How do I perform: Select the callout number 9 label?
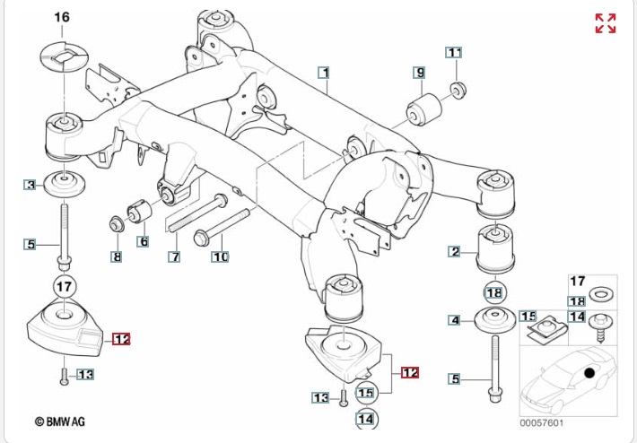419,72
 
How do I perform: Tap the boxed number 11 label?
454,52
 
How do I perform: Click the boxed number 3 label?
31,186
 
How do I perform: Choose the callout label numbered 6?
143,241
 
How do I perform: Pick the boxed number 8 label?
174,257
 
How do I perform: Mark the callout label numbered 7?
116,257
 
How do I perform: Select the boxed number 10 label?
220,257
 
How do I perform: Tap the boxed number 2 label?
455,252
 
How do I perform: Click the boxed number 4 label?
455,319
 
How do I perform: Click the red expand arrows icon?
606,23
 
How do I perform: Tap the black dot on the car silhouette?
589,373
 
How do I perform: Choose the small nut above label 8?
116,221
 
